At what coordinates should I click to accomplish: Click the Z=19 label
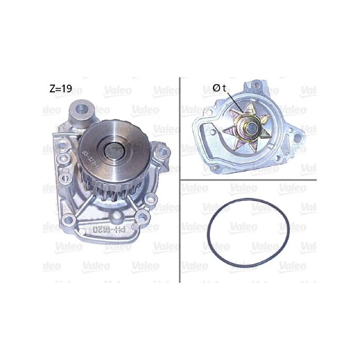tap(60, 88)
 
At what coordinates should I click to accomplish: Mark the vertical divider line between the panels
tap(179, 180)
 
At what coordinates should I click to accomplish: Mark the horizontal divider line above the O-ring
tap(247, 180)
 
